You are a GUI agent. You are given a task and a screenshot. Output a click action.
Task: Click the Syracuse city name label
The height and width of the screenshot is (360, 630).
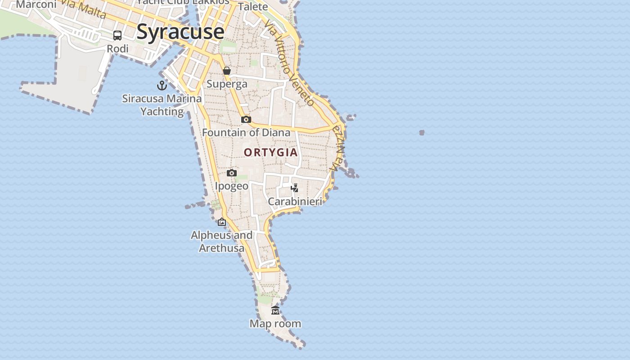click(180, 31)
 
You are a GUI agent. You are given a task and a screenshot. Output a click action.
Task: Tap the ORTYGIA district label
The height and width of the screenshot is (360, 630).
click(271, 153)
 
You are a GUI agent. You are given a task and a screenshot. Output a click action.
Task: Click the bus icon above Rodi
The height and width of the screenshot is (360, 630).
click(117, 36)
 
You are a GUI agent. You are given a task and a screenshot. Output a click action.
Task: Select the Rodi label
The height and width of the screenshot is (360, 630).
click(117, 49)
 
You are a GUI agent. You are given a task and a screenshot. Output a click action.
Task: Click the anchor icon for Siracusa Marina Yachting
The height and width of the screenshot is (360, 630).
click(162, 85)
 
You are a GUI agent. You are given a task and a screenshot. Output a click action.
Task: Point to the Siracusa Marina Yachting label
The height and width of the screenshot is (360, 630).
click(162, 105)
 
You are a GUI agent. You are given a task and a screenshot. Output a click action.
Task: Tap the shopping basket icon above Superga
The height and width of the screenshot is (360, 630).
click(227, 71)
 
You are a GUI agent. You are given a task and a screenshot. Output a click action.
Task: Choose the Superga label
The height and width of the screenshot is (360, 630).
click(227, 84)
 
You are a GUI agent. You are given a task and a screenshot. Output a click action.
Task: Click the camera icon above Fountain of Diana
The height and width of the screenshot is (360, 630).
click(246, 119)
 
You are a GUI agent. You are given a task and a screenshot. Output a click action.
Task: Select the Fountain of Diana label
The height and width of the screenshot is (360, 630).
click(246, 133)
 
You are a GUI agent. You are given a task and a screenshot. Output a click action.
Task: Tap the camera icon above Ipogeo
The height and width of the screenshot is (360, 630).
click(232, 173)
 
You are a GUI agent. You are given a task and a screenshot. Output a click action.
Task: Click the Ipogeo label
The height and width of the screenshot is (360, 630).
click(232, 186)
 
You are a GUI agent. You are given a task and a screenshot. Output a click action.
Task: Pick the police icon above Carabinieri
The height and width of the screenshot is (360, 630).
click(295, 188)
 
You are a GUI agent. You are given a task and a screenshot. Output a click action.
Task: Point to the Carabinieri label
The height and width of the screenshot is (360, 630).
click(295, 202)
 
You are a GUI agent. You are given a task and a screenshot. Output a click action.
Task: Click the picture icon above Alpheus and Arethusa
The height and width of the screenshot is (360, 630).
click(222, 222)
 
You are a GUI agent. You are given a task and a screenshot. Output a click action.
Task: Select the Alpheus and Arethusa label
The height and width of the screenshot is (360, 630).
click(222, 242)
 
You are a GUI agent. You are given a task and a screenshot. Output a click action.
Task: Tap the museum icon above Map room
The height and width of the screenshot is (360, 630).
click(275, 310)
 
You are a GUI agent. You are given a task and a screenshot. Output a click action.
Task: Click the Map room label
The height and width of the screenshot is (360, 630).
click(275, 324)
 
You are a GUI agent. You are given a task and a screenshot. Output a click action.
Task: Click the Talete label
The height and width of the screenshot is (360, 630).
click(253, 7)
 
